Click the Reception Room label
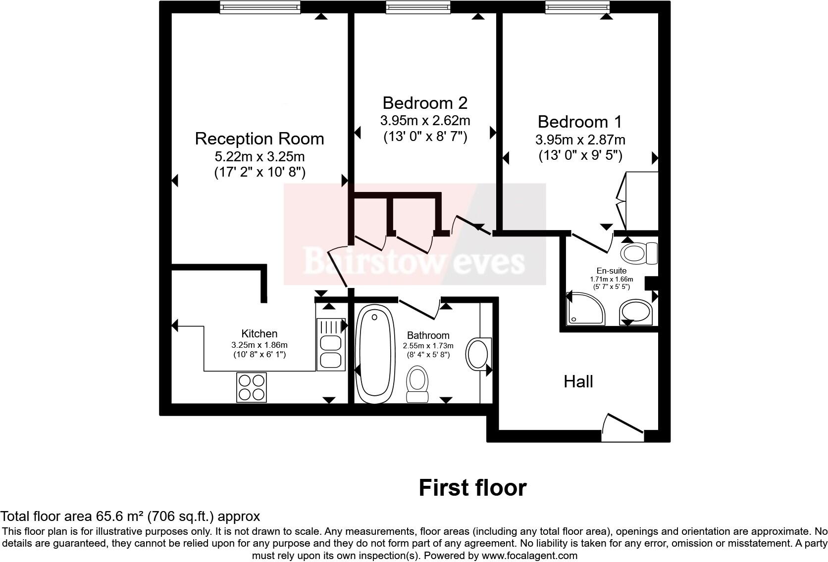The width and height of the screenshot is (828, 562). [x=259, y=139]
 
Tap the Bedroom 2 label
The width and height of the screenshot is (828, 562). [x=425, y=103]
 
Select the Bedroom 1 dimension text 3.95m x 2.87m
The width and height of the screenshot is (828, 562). [x=580, y=140]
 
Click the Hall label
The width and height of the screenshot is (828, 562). [x=578, y=381]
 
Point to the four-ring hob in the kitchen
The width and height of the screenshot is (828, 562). [x=252, y=387]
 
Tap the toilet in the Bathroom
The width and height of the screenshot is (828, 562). [x=417, y=384]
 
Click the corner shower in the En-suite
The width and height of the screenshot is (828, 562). [x=585, y=309]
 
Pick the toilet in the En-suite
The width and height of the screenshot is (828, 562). [x=639, y=253]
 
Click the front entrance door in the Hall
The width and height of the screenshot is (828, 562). [x=622, y=428]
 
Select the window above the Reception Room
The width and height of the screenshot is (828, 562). [x=260, y=7]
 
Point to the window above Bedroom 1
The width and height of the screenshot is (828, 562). [x=577, y=7]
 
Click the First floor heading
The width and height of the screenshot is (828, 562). [x=472, y=488]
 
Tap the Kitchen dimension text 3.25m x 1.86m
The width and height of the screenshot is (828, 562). [x=259, y=345]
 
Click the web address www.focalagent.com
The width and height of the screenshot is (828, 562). [x=529, y=556]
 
